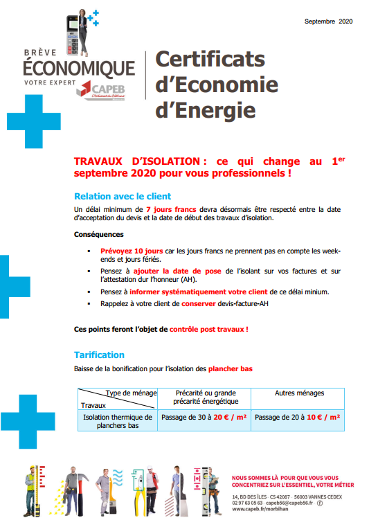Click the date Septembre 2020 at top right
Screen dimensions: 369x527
tap(329, 21)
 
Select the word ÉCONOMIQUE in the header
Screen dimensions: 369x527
tap(78, 68)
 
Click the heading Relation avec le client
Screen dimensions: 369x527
tap(123, 196)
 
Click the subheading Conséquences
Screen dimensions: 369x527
tap(99, 234)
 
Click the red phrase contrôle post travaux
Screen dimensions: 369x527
tap(207, 329)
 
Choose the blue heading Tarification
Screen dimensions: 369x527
tap(99, 355)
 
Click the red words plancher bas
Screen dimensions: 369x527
tap(231, 369)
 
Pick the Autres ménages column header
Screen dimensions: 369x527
tap(299, 393)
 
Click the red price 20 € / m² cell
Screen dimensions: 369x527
tap(231, 418)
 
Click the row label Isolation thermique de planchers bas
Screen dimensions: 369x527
tap(118, 422)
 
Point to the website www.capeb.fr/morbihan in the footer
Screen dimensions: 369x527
tap(260, 509)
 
